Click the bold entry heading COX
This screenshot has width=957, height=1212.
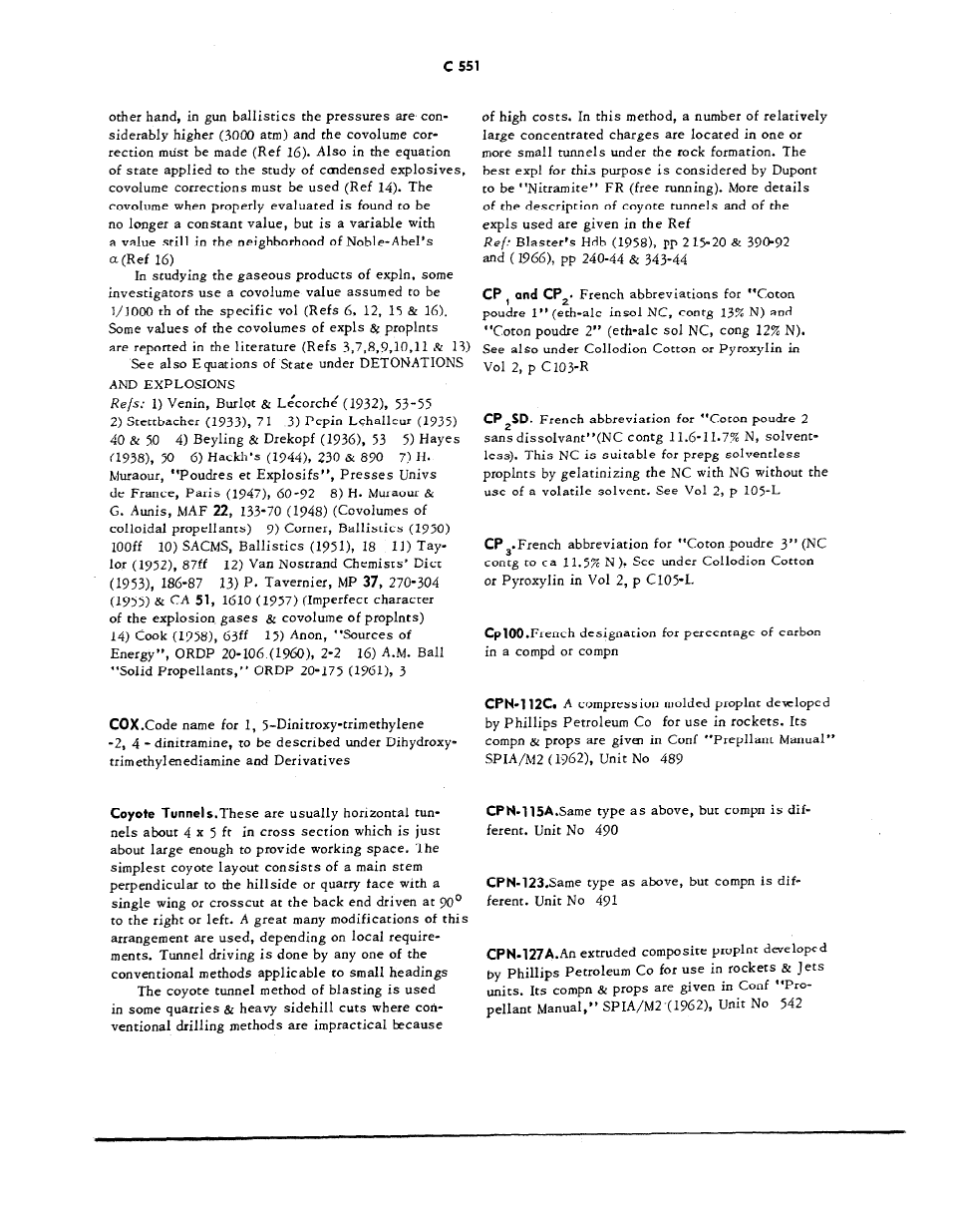tap(126, 724)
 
